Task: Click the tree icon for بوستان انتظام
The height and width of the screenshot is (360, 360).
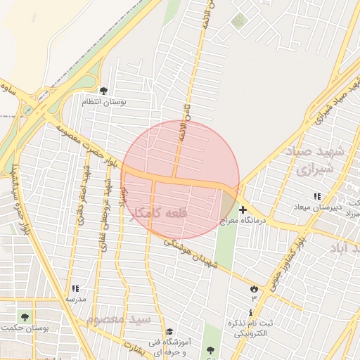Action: coord(104,91)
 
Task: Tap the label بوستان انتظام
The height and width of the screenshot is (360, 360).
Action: coord(104,103)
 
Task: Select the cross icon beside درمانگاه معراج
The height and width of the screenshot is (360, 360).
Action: coord(243,210)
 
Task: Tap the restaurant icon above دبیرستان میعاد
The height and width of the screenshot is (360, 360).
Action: coord(317,196)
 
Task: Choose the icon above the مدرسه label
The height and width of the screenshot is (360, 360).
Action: coord(75,288)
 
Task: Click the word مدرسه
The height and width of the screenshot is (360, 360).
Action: coord(75,299)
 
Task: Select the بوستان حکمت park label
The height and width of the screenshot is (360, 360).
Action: coord(26,328)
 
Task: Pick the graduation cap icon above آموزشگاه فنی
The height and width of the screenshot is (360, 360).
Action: coord(169,331)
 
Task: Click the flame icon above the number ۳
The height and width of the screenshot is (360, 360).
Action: coord(253,288)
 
